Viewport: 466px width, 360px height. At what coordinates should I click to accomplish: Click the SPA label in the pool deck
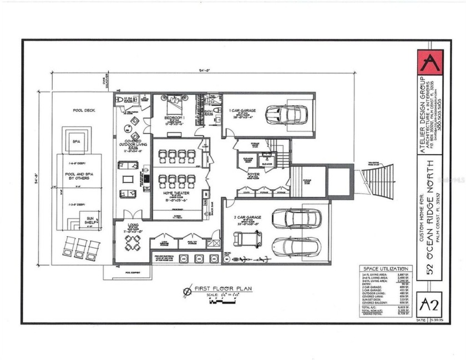[77, 141]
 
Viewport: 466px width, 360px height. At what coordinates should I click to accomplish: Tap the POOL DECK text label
[84, 110]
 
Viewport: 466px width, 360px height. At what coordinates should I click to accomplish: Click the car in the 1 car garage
[283, 114]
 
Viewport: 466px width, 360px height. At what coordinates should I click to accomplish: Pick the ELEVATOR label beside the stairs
[266, 164]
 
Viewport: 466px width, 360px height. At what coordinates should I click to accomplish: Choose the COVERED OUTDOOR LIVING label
[132, 144]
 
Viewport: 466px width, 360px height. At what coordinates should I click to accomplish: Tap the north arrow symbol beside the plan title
[189, 290]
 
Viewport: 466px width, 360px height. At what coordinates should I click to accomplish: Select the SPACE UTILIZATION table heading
[384, 268]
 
